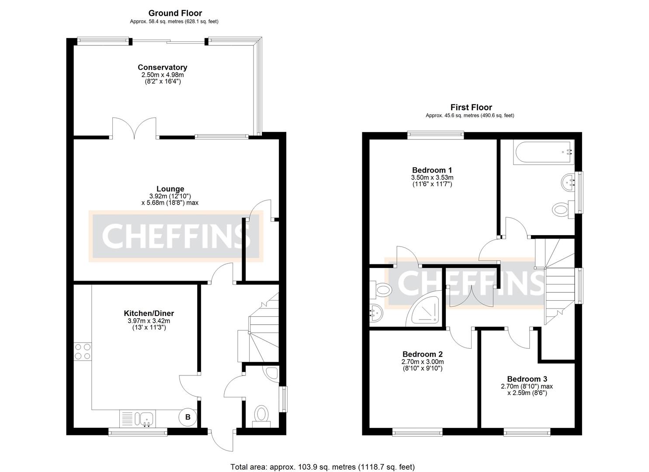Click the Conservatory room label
coord(162,67)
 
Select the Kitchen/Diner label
coord(149,313)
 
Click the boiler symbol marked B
coord(187,417)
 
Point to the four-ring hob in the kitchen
coord(83,352)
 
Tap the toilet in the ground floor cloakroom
coord(261,414)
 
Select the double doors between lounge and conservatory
coord(134,128)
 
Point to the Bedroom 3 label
coord(527,379)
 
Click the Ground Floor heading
coord(175,13)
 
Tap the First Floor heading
coord(471,107)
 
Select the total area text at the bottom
coord(323,467)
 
